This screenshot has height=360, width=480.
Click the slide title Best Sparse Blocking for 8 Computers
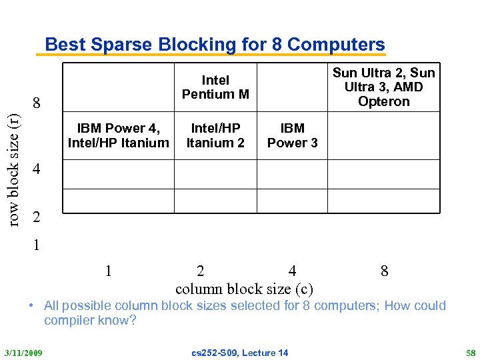215,45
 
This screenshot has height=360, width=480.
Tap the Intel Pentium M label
215,87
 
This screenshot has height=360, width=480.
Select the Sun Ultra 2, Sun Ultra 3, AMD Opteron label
383,87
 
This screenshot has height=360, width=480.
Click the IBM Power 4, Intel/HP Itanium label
118,135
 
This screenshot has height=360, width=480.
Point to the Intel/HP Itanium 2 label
215,135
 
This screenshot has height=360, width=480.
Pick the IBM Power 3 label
292,135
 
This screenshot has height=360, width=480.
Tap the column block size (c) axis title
244,289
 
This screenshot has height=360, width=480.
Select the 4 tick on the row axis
37,169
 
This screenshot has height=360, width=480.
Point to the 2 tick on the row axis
37,217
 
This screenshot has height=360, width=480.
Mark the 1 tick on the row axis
37,245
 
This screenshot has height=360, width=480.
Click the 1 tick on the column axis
108,271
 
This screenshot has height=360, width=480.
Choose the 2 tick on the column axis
201,271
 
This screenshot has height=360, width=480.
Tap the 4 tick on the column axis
292,271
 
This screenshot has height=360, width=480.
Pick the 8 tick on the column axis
384,271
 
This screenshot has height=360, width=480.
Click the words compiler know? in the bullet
90,321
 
